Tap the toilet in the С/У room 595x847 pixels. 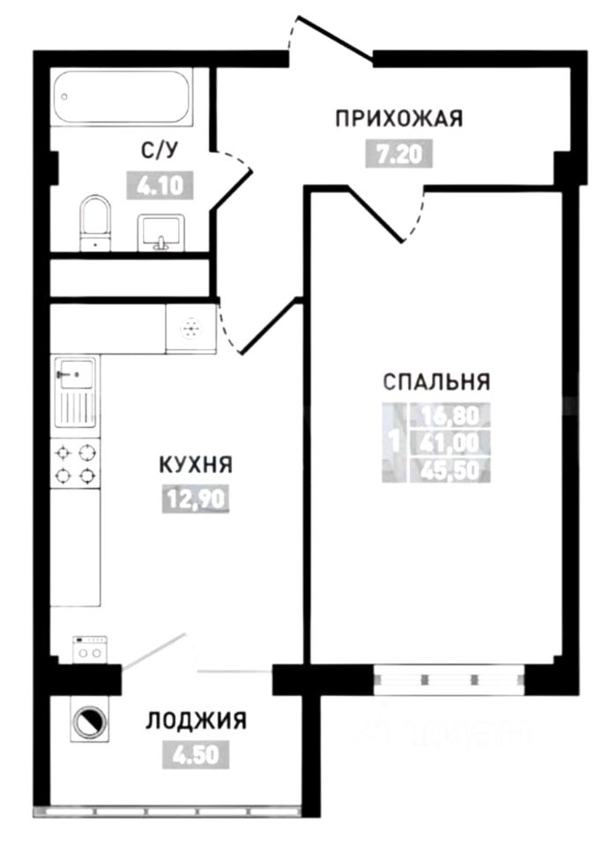click(94, 223)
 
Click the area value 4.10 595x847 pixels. click(160, 186)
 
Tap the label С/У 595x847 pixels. click(160, 152)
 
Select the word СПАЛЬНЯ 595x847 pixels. click(436, 382)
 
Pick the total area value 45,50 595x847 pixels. click(449, 469)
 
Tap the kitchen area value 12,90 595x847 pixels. click(196, 500)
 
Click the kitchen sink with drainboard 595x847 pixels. click(75, 396)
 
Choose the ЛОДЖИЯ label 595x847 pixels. click(196, 721)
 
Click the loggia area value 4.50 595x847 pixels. click(196, 755)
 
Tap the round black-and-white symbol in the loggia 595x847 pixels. click(88, 723)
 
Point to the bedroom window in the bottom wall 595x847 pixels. click(449, 679)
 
